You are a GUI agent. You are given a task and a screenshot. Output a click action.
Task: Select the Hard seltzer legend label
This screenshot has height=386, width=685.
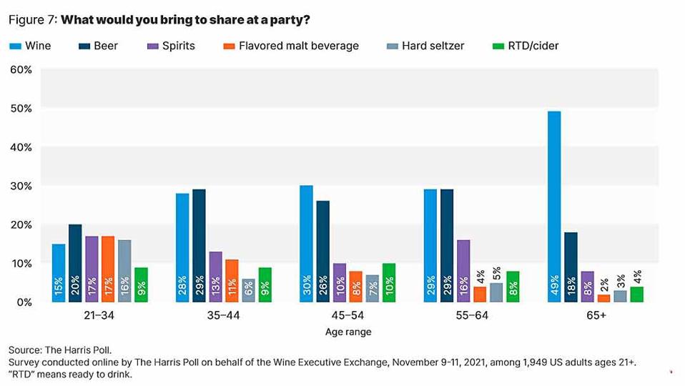pos(433,46)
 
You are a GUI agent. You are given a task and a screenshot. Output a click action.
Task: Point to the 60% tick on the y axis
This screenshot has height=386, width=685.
pos(21,70)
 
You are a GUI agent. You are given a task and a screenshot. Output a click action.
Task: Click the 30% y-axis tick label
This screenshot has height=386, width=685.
pos(21,186)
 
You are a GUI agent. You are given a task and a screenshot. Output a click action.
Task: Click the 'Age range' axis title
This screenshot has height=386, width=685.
pos(348,332)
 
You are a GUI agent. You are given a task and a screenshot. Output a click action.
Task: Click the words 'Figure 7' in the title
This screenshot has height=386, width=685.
pos(31,19)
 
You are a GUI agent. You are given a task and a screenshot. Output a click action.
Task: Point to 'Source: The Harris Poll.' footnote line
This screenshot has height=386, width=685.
pos(61,351)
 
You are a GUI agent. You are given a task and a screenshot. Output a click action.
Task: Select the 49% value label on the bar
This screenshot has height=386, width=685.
pos(554,288)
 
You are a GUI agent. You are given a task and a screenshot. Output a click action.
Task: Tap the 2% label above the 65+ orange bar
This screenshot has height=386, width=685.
pos(604,284)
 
